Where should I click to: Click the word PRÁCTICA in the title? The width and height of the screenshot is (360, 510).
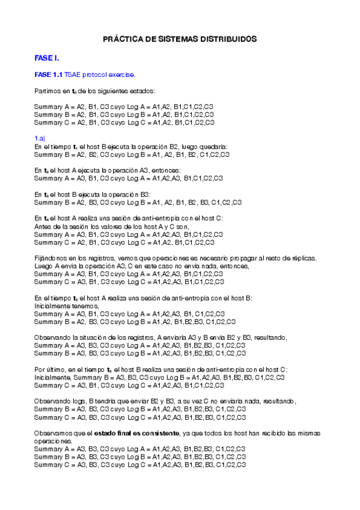[119, 38]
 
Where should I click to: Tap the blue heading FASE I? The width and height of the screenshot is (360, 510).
[46, 58]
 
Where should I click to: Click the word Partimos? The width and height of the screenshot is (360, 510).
[47, 91]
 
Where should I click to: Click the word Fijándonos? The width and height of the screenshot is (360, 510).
[52, 257]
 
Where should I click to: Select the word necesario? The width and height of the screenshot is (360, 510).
[211, 257]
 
